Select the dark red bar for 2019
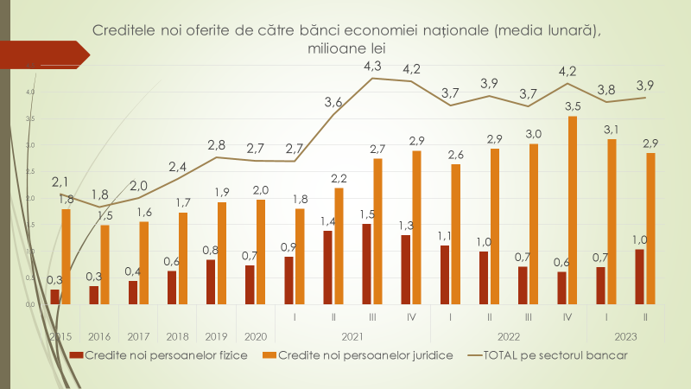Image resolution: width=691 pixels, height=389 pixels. (212, 282)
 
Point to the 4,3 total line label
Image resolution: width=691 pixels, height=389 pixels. (373, 67)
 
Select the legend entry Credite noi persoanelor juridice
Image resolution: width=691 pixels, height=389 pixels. (358, 354)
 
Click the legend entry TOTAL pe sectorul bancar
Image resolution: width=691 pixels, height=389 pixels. (550, 354)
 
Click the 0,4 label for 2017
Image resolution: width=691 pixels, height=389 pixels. (132, 271)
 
